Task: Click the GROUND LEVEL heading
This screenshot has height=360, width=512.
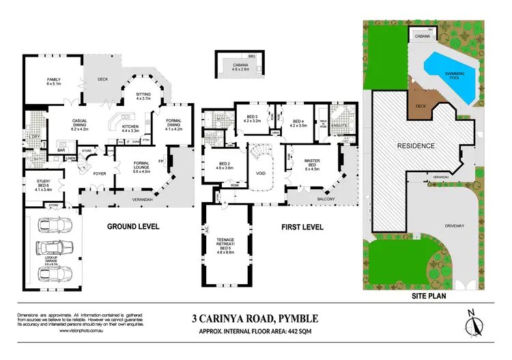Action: pyautogui.click(x=132, y=226)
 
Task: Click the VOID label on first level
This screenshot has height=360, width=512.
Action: pyautogui.click(x=260, y=174)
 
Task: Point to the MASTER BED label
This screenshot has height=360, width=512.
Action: pyautogui.click(x=311, y=167)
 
